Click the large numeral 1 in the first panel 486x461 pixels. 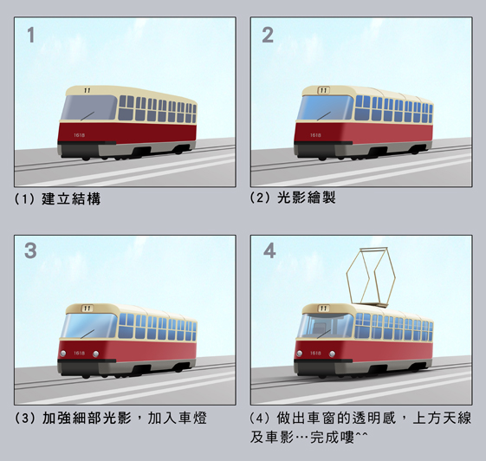pos(30,35)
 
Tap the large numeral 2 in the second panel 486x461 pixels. pos(268,35)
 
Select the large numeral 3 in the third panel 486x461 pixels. pos(30,250)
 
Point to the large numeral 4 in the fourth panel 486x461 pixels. pos(269,250)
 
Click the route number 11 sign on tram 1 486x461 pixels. pos(87,90)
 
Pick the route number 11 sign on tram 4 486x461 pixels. pos(323,308)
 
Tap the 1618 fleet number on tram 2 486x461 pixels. pos(315,135)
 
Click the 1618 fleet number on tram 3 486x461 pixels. pos(80,353)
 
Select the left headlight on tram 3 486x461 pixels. pos(63,354)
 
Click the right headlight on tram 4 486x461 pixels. pos(332,354)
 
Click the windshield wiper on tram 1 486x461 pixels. pos(87,116)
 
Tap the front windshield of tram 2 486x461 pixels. pos(325,108)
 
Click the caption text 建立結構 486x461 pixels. pos(71,198)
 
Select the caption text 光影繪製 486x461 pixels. pos(306,198)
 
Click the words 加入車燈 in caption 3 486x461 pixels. pos(177,418)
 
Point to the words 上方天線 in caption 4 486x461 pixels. pos(442,418)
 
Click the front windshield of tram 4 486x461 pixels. pos(325,326)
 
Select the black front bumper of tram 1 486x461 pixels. pos(87,143)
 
